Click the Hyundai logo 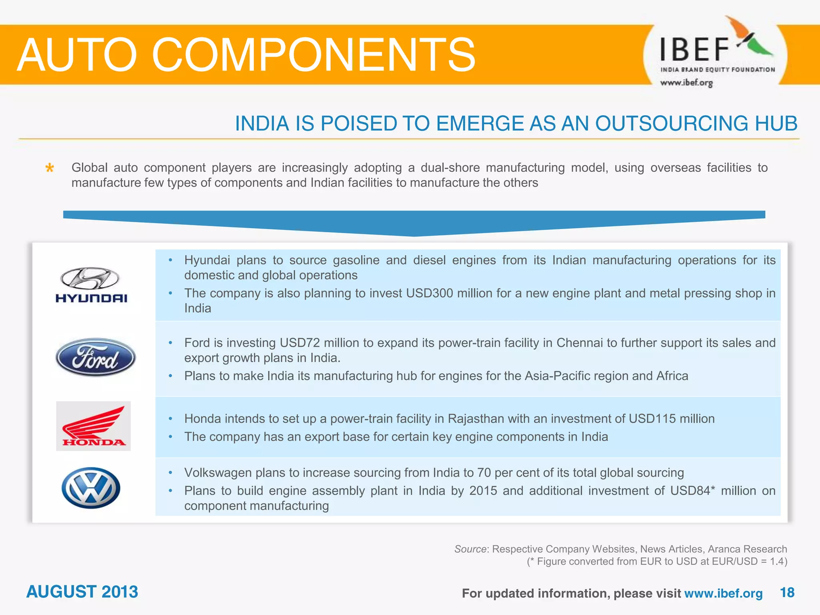(x=91, y=285)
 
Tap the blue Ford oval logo (x=95, y=357)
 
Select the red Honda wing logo (x=93, y=426)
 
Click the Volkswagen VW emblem (x=91, y=488)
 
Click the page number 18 (x=787, y=592)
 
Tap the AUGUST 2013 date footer (x=82, y=591)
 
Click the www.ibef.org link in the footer (x=723, y=593)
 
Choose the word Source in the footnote (x=470, y=549)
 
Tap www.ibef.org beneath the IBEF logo (x=686, y=83)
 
